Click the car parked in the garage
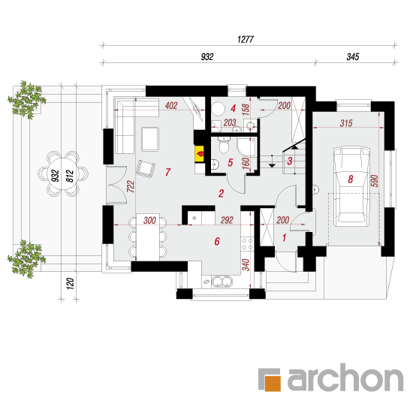pyautogui.click(x=351, y=186)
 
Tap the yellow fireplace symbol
pyautogui.click(x=200, y=154)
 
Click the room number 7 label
pyautogui.click(x=167, y=172)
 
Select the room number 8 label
pyautogui.click(x=350, y=179)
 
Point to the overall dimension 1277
pyautogui.click(x=246, y=40)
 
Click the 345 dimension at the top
pyautogui.click(x=353, y=56)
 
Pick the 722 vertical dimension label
pyautogui.click(x=131, y=186)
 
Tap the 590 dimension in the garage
pyautogui.click(x=374, y=181)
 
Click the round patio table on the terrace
pyautogui.click(x=63, y=174)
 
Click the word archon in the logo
pyautogui.click(x=345, y=378)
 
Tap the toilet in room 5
pyautogui.click(x=224, y=146)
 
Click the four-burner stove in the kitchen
pyautogui.click(x=247, y=244)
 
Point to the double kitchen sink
pyautogui.click(x=222, y=282)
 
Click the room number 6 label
pyautogui.click(x=217, y=241)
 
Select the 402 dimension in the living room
pyautogui.click(x=171, y=106)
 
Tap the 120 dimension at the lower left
pyautogui.click(x=70, y=284)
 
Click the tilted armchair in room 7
pyautogui.click(x=146, y=169)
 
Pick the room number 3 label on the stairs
pyautogui.click(x=290, y=161)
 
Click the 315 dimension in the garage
pyautogui.click(x=346, y=123)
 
